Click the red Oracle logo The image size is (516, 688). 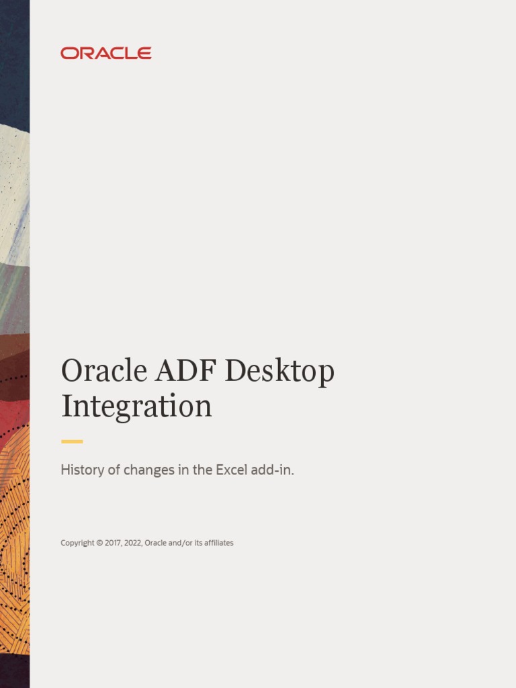click(x=106, y=53)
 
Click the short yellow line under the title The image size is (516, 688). click(x=72, y=441)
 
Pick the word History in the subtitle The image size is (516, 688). click(x=82, y=470)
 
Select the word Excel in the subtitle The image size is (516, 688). click(x=232, y=470)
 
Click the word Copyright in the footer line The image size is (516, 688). click(x=77, y=543)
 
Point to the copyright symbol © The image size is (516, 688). click(x=99, y=543)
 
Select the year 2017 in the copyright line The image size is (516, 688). click(x=113, y=543)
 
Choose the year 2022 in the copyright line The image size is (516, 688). click(x=133, y=543)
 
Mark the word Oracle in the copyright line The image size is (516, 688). click(x=155, y=543)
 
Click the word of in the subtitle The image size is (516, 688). click(x=114, y=470)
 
